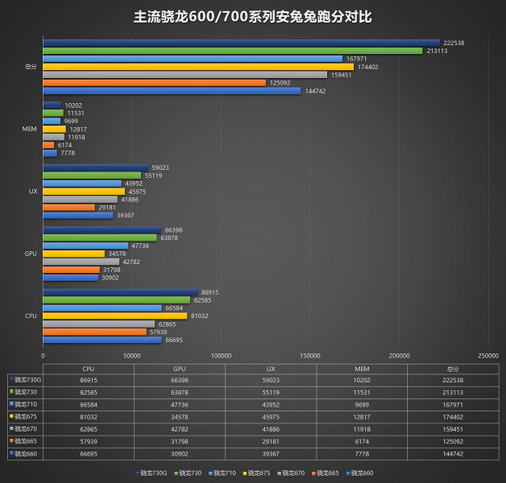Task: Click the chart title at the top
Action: pyautogui.click(x=253, y=16)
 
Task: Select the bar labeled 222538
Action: pyautogui.click(x=241, y=43)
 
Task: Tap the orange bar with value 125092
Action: pyautogui.click(x=154, y=83)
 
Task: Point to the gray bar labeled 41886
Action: pyautogui.click(x=80, y=199)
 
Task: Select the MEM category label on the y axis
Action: pyautogui.click(x=30, y=129)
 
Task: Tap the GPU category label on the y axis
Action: pyautogui.click(x=30, y=253)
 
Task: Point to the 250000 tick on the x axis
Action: pyautogui.click(x=488, y=355)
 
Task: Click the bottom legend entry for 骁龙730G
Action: pyautogui.click(x=154, y=473)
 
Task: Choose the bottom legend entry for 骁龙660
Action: pyautogui.click(x=360, y=473)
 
